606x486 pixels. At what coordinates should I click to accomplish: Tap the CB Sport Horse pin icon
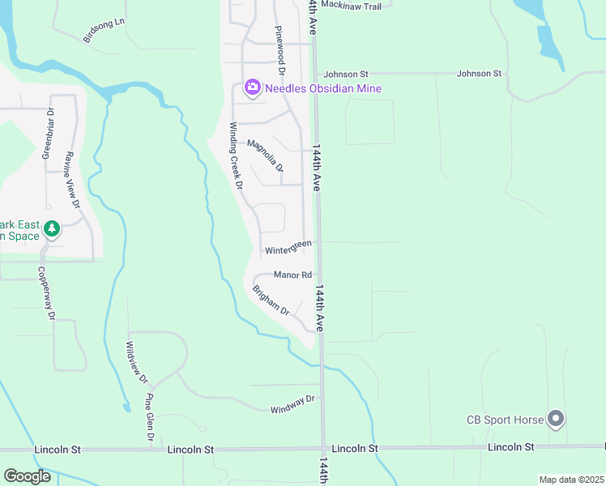click(556, 419)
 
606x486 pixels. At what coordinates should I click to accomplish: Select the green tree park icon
click(52, 229)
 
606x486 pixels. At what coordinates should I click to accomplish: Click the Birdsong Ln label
click(105, 30)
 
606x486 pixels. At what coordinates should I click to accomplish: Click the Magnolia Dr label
click(265, 156)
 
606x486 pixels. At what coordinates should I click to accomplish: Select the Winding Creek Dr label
click(237, 156)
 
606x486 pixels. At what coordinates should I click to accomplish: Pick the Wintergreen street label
click(288, 245)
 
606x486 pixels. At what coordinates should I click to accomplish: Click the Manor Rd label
click(292, 275)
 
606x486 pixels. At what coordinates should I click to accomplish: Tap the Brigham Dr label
click(271, 300)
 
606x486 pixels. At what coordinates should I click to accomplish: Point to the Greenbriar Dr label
click(48, 134)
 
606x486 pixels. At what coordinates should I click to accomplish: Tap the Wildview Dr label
click(137, 362)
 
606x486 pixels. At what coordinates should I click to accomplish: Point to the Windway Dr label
click(292, 403)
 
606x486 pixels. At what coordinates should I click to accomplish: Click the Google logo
click(27, 476)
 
